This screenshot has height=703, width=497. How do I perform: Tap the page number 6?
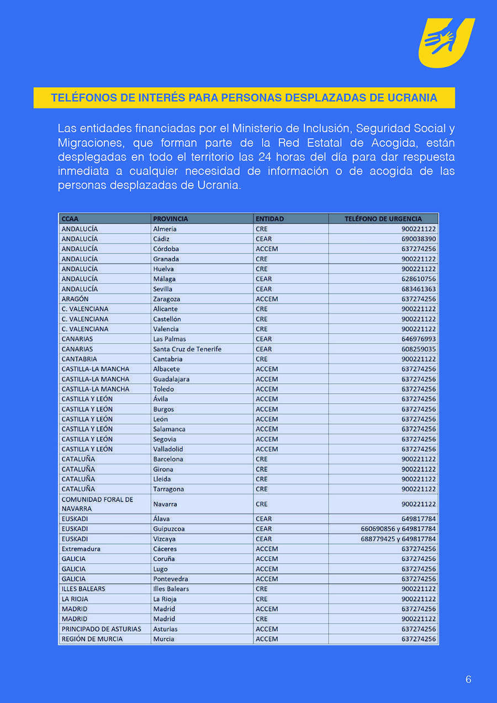point(468,679)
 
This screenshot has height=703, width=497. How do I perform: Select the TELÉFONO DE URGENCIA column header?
point(383,219)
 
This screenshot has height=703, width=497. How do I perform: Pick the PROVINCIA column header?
point(170,219)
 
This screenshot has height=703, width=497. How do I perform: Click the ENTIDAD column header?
point(269,219)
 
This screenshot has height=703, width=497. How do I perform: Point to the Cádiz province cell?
point(161,239)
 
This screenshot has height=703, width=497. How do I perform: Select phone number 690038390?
point(419,239)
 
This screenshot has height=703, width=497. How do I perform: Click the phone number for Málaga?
point(419,279)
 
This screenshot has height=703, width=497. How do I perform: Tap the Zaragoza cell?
point(166,299)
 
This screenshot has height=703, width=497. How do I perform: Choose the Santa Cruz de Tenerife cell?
point(187,349)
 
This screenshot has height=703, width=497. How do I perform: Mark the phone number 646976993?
point(419,339)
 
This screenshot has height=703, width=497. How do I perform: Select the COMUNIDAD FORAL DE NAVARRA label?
point(97,504)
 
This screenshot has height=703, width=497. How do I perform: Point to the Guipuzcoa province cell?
point(168,529)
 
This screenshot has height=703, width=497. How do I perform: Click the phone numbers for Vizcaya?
point(398,539)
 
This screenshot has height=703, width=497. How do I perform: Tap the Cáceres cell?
point(165,549)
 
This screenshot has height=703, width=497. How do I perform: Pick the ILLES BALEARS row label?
point(83,589)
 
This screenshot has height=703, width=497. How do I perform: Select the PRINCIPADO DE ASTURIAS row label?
point(101,629)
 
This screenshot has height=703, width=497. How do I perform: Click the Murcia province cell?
point(163,639)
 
